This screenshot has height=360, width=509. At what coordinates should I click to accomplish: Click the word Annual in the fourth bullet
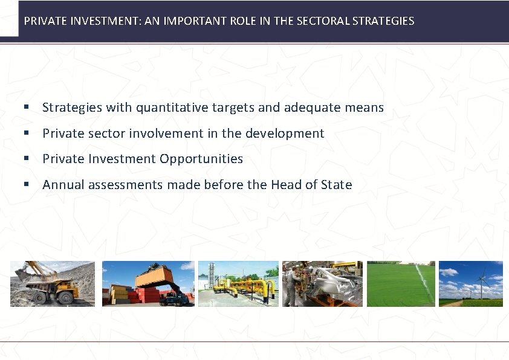tap(63, 185)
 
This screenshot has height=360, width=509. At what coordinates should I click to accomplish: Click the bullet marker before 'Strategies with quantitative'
tap(27, 108)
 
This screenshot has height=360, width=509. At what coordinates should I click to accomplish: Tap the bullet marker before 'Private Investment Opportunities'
tap(27, 159)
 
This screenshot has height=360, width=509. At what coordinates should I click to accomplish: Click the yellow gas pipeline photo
tap(238, 284)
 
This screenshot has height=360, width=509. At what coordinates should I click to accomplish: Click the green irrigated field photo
tap(401, 284)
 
